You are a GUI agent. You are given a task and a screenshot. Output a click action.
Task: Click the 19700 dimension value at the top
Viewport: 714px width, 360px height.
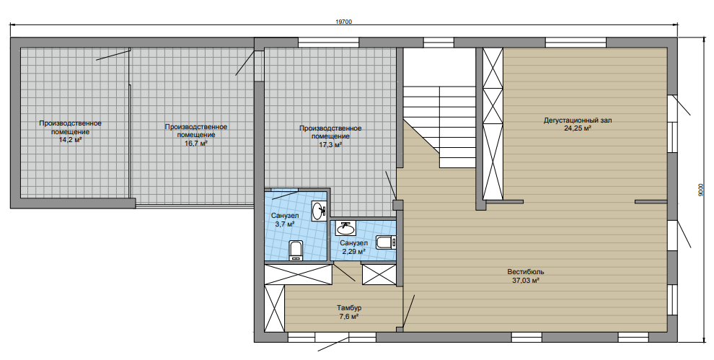[x=344, y=22]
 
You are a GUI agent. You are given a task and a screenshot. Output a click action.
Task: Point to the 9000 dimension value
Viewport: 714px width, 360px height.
[x=700, y=190]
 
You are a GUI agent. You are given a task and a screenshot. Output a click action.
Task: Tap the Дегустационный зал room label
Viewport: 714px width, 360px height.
[x=578, y=120]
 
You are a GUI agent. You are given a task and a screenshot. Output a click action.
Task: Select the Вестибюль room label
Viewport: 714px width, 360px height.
[x=526, y=272]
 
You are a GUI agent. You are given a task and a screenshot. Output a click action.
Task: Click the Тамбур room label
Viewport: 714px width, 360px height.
[x=349, y=308]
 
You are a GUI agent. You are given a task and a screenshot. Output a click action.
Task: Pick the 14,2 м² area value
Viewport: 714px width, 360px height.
[x=70, y=139]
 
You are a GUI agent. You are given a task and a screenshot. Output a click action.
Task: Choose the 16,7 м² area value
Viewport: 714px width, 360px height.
[x=195, y=143]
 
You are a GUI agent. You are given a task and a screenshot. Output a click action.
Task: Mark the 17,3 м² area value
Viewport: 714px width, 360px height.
[x=330, y=145]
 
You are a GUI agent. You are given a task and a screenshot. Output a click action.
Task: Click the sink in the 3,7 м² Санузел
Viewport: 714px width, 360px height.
[x=319, y=211]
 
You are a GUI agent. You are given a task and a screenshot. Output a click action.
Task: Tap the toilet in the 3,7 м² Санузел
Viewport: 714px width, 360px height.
[x=296, y=250]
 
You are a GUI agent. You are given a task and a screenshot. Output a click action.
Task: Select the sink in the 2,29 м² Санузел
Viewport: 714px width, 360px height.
[x=345, y=227]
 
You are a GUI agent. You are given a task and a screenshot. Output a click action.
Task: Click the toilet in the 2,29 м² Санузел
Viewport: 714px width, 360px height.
[x=386, y=242]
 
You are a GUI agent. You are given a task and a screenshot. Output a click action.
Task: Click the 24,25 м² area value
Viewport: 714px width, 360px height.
[x=578, y=128]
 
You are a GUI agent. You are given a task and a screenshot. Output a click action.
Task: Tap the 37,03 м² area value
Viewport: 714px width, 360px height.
[x=526, y=280]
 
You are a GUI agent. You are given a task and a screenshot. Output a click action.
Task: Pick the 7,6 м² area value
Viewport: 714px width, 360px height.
[x=349, y=316]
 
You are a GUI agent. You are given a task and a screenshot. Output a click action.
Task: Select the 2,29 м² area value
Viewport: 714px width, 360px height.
[x=353, y=251]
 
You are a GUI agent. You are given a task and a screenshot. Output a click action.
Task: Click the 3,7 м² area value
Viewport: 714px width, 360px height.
[x=285, y=224]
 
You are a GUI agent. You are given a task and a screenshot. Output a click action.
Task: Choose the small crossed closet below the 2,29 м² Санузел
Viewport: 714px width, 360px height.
[x=379, y=274]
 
